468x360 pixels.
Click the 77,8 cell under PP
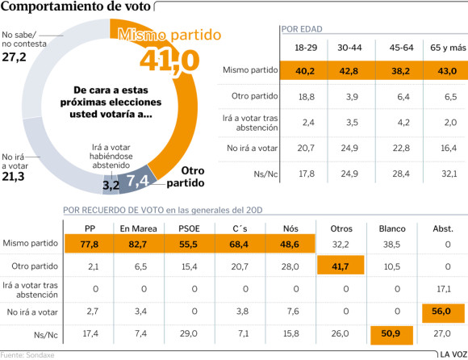click(90, 244)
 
